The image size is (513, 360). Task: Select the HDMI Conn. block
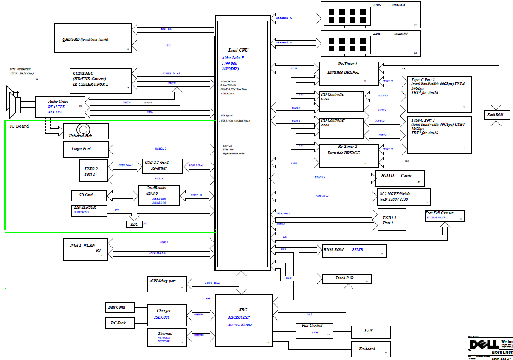tap(400, 179)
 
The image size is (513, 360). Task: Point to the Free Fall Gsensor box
tap(445, 216)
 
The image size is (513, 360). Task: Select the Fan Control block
tap(314, 331)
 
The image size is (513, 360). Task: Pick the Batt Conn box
tap(121, 307)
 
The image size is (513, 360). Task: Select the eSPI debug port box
tap(167, 284)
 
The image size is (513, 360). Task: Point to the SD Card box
tap(89, 196)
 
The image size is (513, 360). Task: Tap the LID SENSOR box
tap(89, 210)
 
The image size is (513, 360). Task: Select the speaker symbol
tap(14, 101)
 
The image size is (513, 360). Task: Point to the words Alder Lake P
tap(233, 57)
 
